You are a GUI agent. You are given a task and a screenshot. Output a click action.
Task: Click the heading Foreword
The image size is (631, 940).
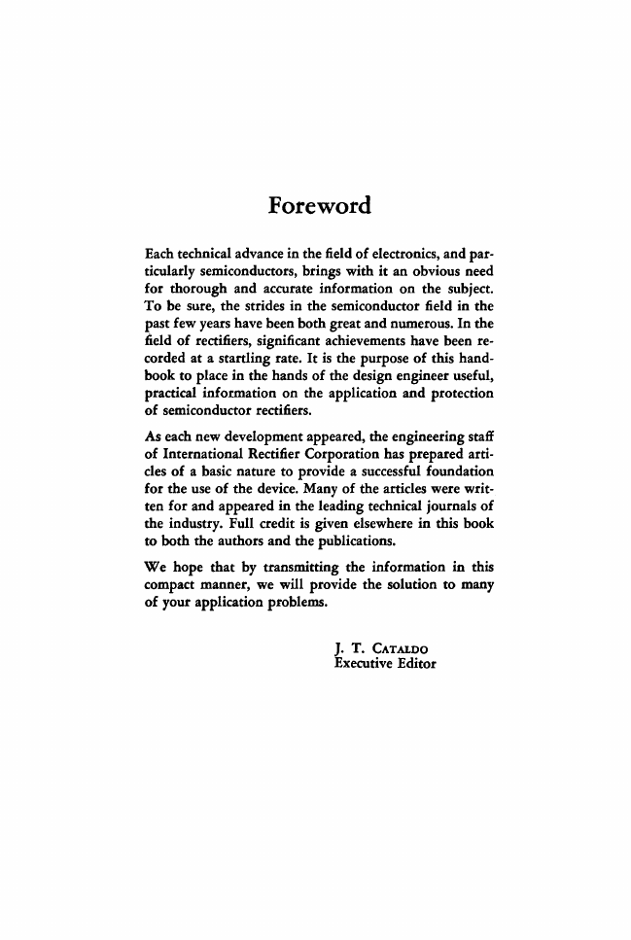point(320,206)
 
